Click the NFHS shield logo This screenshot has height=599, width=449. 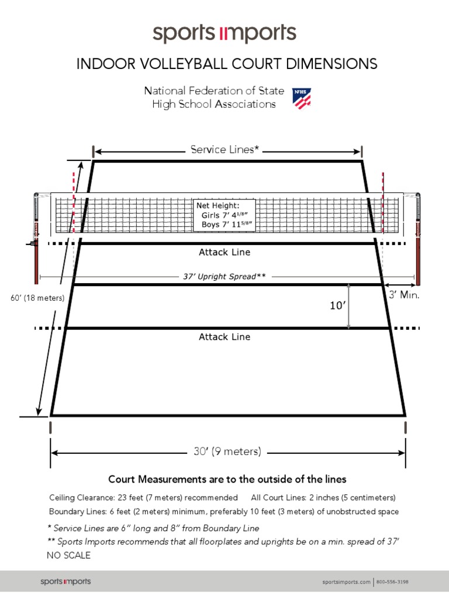point(302,98)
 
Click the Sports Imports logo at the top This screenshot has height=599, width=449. point(224,33)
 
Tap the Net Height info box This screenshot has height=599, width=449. point(224,215)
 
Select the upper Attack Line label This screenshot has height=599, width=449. point(224,253)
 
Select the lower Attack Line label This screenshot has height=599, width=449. point(224,337)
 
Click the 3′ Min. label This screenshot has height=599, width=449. point(405,295)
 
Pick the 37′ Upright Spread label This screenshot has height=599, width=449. point(224,276)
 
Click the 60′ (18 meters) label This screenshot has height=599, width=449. point(37,298)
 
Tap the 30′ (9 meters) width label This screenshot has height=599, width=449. point(227,452)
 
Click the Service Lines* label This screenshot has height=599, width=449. point(224,150)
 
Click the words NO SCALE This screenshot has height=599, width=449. point(68,555)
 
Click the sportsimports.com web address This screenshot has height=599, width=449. point(347,582)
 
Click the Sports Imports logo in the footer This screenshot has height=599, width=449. point(65,581)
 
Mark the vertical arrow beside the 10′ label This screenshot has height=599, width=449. point(349,306)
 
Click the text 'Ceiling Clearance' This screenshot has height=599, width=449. point(82,498)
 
